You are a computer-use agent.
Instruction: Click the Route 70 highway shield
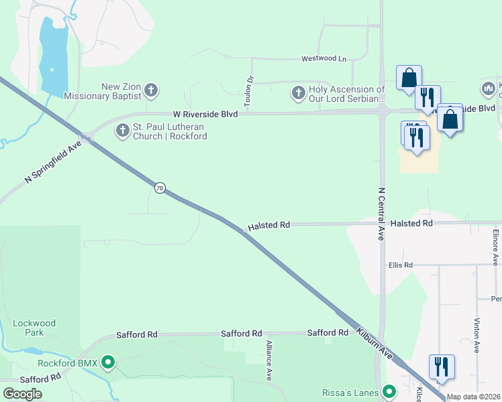pyautogui.click(x=159, y=188)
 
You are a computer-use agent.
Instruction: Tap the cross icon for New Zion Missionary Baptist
pyautogui.click(x=151, y=90)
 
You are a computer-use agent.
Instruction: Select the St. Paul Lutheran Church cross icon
pyautogui.click(x=122, y=131)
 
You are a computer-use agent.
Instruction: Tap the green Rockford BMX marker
pyautogui.click(x=107, y=364)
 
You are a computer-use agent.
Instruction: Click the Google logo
pyautogui.click(x=22, y=393)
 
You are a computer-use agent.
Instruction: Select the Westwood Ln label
pyautogui.click(x=323, y=59)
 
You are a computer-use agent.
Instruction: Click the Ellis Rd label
pyautogui.click(x=399, y=265)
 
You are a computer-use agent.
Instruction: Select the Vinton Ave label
pyautogui.click(x=476, y=335)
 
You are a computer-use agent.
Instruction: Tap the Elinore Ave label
pyautogui.click(x=495, y=247)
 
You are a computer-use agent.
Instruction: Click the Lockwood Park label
pyautogui.click(x=34, y=328)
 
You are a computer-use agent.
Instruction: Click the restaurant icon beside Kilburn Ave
pyautogui.click(x=442, y=367)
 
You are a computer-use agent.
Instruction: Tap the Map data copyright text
pyautogui.click(x=474, y=397)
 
